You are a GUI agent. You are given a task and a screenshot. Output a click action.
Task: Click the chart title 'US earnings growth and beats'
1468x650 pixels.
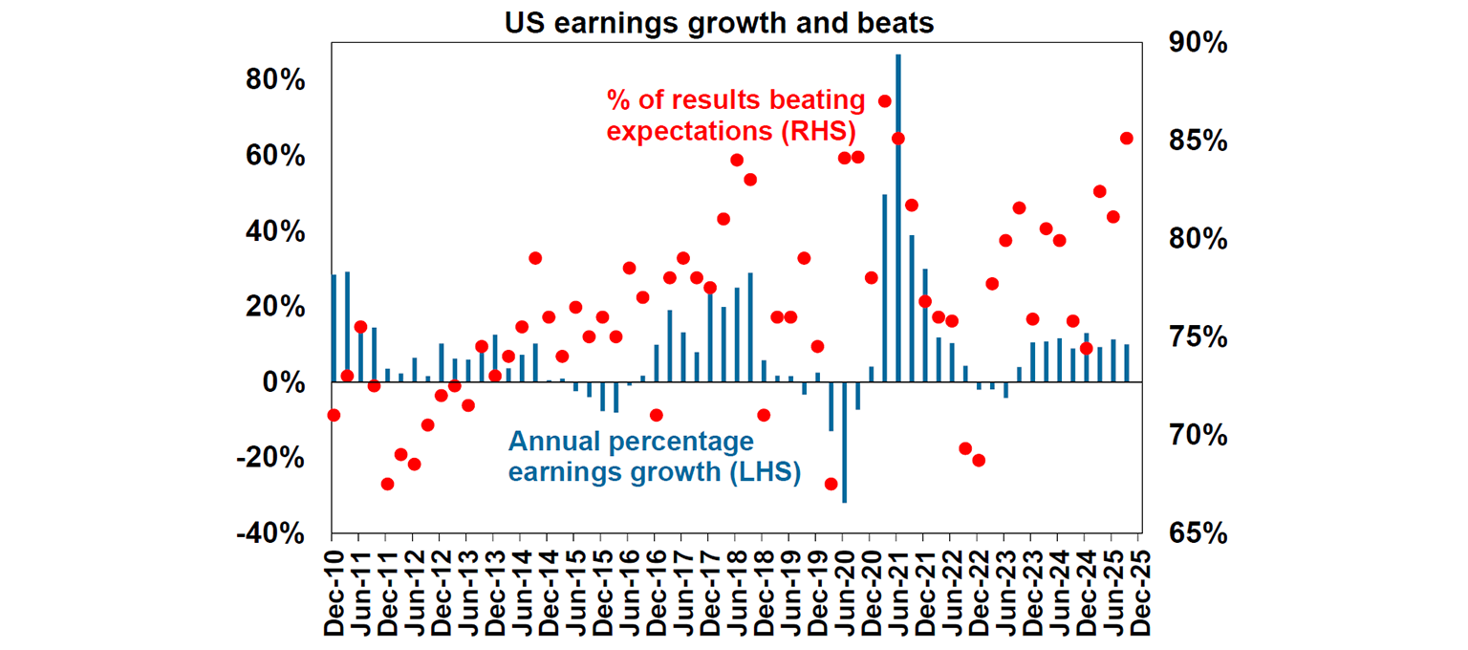(719, 24)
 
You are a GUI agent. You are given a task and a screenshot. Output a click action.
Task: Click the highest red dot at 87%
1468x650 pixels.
(885, 101)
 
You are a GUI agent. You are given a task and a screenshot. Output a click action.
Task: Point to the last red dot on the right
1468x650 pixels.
(1127, 138)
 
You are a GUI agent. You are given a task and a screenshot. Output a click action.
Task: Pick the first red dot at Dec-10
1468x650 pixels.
(334, 415)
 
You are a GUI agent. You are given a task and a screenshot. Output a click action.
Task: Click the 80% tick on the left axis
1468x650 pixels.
(275, 80)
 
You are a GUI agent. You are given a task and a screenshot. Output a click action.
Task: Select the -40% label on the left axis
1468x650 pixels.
(270, 533)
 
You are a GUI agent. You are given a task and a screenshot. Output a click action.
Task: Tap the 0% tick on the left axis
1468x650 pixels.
(284, 382)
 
